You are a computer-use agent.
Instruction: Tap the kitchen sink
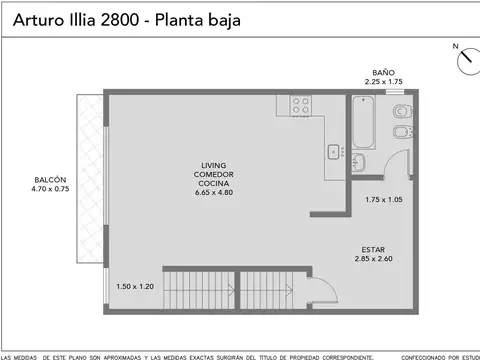point(334,152)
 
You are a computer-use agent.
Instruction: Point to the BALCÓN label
point(49,180)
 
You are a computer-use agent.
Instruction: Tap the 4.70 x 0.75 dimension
point(49,190)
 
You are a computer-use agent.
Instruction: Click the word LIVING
point(213,165)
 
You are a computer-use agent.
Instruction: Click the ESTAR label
point(374,249)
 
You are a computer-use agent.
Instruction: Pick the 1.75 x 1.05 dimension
point(383,199)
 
